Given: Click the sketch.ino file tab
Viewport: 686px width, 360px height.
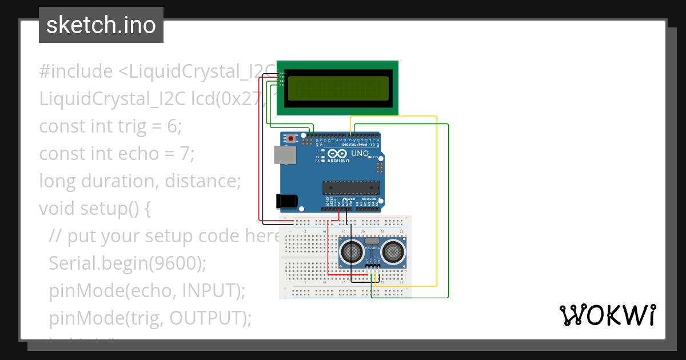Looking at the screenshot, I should [x=101, y=25].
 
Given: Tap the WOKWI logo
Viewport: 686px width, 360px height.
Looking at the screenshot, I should [x=607, y=315].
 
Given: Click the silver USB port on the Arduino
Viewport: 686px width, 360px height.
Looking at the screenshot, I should [x=282, y=154].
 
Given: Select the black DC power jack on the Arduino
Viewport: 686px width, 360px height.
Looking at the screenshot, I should [x=286, y=201].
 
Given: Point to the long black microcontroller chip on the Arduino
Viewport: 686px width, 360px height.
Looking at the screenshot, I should [x=351, y=187].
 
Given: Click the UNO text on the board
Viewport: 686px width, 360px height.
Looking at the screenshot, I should [x=360, y=154].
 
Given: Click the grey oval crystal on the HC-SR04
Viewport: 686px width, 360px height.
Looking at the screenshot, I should [x=373, y=242].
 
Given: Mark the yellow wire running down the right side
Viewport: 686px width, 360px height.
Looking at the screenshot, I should [x=437, y=200].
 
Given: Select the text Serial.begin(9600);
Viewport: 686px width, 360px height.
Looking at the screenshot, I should [x=127, y=263].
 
